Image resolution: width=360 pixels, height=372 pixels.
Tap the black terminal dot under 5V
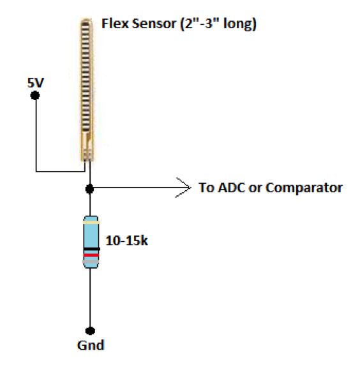35,95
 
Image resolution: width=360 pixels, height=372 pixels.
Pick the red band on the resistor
91,255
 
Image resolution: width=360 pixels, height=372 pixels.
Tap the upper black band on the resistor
91,248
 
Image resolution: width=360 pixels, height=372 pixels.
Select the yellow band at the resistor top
91,223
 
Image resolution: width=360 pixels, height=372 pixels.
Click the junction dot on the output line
90,188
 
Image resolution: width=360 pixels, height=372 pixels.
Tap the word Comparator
304,188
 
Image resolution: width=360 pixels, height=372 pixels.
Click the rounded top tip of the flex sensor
86,22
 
